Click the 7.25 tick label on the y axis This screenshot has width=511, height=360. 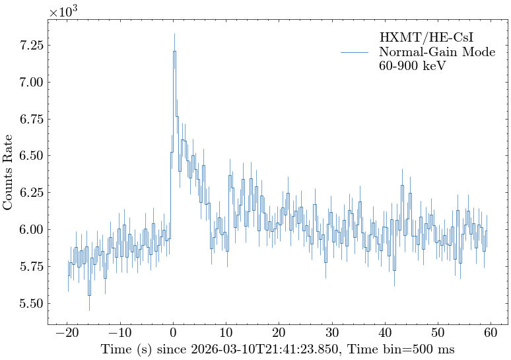click(29, 46)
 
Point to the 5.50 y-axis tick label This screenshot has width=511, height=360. click(29, 303)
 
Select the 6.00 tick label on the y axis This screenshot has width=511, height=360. click(29, 230)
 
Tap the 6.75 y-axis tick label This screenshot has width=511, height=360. click(29, 120)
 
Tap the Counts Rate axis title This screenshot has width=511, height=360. click(9, 172)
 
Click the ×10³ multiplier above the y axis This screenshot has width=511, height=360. click(64, 12)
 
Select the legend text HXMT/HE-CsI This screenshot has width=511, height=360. click(426, 37)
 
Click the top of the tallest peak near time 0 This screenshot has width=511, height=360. click(174, 51)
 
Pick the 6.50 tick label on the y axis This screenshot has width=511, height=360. click(29, 156)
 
